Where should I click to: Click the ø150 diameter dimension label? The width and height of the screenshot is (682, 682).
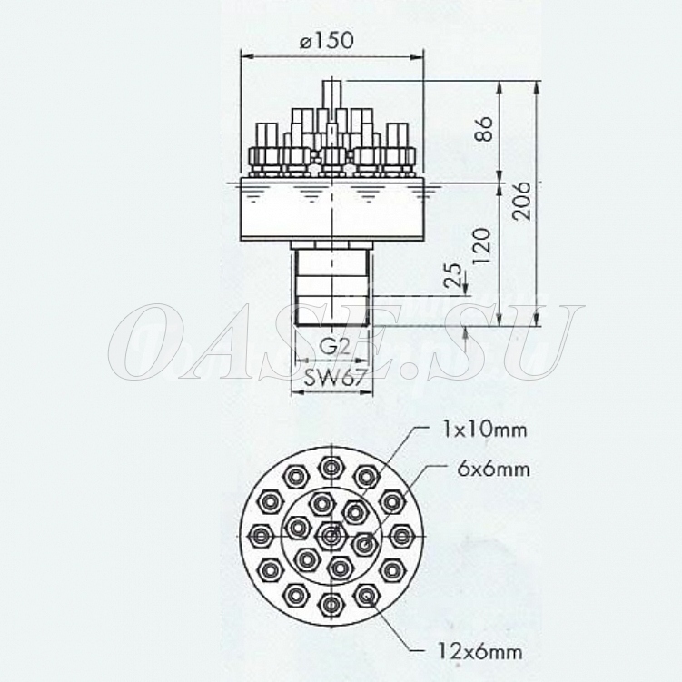point(327,42)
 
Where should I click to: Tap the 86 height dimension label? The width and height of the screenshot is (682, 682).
point(484,129)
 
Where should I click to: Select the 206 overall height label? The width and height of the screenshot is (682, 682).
point(521,201)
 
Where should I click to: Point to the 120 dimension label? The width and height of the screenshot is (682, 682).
point(482,247)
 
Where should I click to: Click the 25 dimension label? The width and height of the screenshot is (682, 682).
point(453,274)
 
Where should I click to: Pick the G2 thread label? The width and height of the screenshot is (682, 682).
point(334,348)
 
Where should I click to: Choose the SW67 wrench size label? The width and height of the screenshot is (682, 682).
point(332,378)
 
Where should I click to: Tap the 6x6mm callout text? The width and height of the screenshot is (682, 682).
point(494,469)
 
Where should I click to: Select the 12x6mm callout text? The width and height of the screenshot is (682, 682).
point(478,652)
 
